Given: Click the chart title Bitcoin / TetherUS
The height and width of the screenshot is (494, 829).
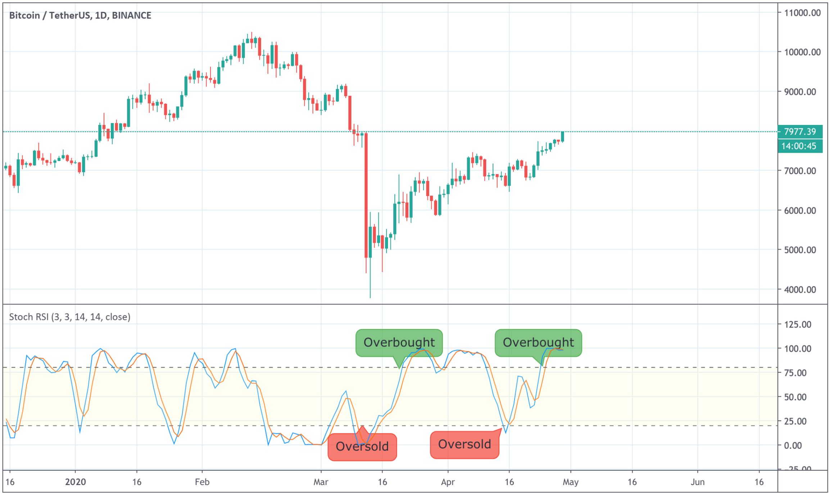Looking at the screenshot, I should coord(80,15).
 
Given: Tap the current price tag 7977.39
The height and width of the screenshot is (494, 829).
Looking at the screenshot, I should coord(799,132).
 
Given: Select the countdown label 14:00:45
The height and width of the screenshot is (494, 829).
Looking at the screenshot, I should coord(799,146).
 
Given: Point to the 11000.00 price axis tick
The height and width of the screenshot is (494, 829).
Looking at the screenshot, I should coord(802,13).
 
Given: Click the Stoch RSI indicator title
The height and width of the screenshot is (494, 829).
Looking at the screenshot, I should coord(69,317).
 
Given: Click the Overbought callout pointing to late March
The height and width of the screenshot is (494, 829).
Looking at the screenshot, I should coord(399,342).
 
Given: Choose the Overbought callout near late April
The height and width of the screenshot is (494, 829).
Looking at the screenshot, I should coord(538,342).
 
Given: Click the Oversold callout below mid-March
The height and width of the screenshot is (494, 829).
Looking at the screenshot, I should coord(362,447).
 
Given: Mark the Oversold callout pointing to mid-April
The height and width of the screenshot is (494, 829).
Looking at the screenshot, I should coord(464,444).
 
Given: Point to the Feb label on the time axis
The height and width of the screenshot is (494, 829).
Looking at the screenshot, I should coord(202,482).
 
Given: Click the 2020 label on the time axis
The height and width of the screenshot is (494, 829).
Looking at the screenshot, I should coord(76,482).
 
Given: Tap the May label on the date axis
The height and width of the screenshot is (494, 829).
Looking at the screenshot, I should coord(571,482).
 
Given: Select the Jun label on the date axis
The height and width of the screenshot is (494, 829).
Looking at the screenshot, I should coord(697,482).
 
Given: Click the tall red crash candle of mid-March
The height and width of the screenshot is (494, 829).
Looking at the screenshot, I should coord(366,195).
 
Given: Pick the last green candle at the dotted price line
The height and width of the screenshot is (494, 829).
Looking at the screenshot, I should coord(562,137).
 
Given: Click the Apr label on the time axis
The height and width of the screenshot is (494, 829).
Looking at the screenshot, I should coord(448,482).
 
